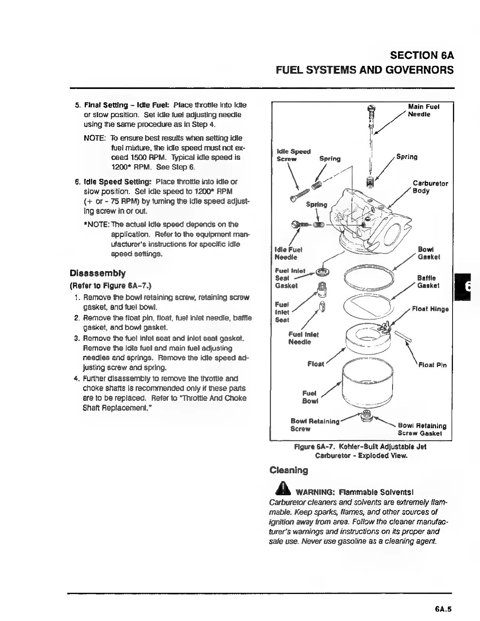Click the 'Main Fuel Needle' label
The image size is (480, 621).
click(x=423, y=110)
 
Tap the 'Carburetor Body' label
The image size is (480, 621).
click(x=430, y=187)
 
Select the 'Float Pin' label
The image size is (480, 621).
click(x=432, y=365)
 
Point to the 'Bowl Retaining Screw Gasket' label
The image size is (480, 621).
click(x=422, y=429)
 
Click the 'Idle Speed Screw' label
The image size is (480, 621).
click(x=293, y=155)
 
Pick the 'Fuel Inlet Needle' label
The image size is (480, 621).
click(x=303, y=338)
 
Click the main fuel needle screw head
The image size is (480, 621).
click(x=372, y=109)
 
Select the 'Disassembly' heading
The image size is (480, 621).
click(x=98, y=273)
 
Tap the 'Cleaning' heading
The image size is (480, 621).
click(x=289, y=470)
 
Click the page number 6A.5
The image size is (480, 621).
click(x=443, y=609)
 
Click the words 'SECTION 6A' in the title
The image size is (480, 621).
click(x=422, y=55)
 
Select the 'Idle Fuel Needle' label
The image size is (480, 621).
click(x=288, y=253)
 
